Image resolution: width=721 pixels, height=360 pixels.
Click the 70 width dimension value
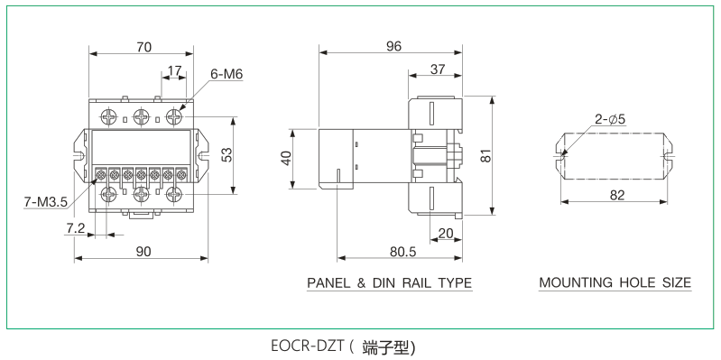pos(143,47)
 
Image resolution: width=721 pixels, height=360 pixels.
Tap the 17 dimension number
pos(174,70)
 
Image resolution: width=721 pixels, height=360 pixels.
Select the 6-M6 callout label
pos(226,74)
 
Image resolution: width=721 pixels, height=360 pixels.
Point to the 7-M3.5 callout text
pos(45,201)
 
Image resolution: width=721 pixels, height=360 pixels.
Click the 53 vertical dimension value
pos(227,154)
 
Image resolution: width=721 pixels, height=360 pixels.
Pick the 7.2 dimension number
pos(74,227)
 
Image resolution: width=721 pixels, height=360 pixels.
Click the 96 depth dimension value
pos(393,46)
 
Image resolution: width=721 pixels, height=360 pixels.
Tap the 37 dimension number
pos(438,69)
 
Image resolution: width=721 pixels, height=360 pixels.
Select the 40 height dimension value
pos(286,158)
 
